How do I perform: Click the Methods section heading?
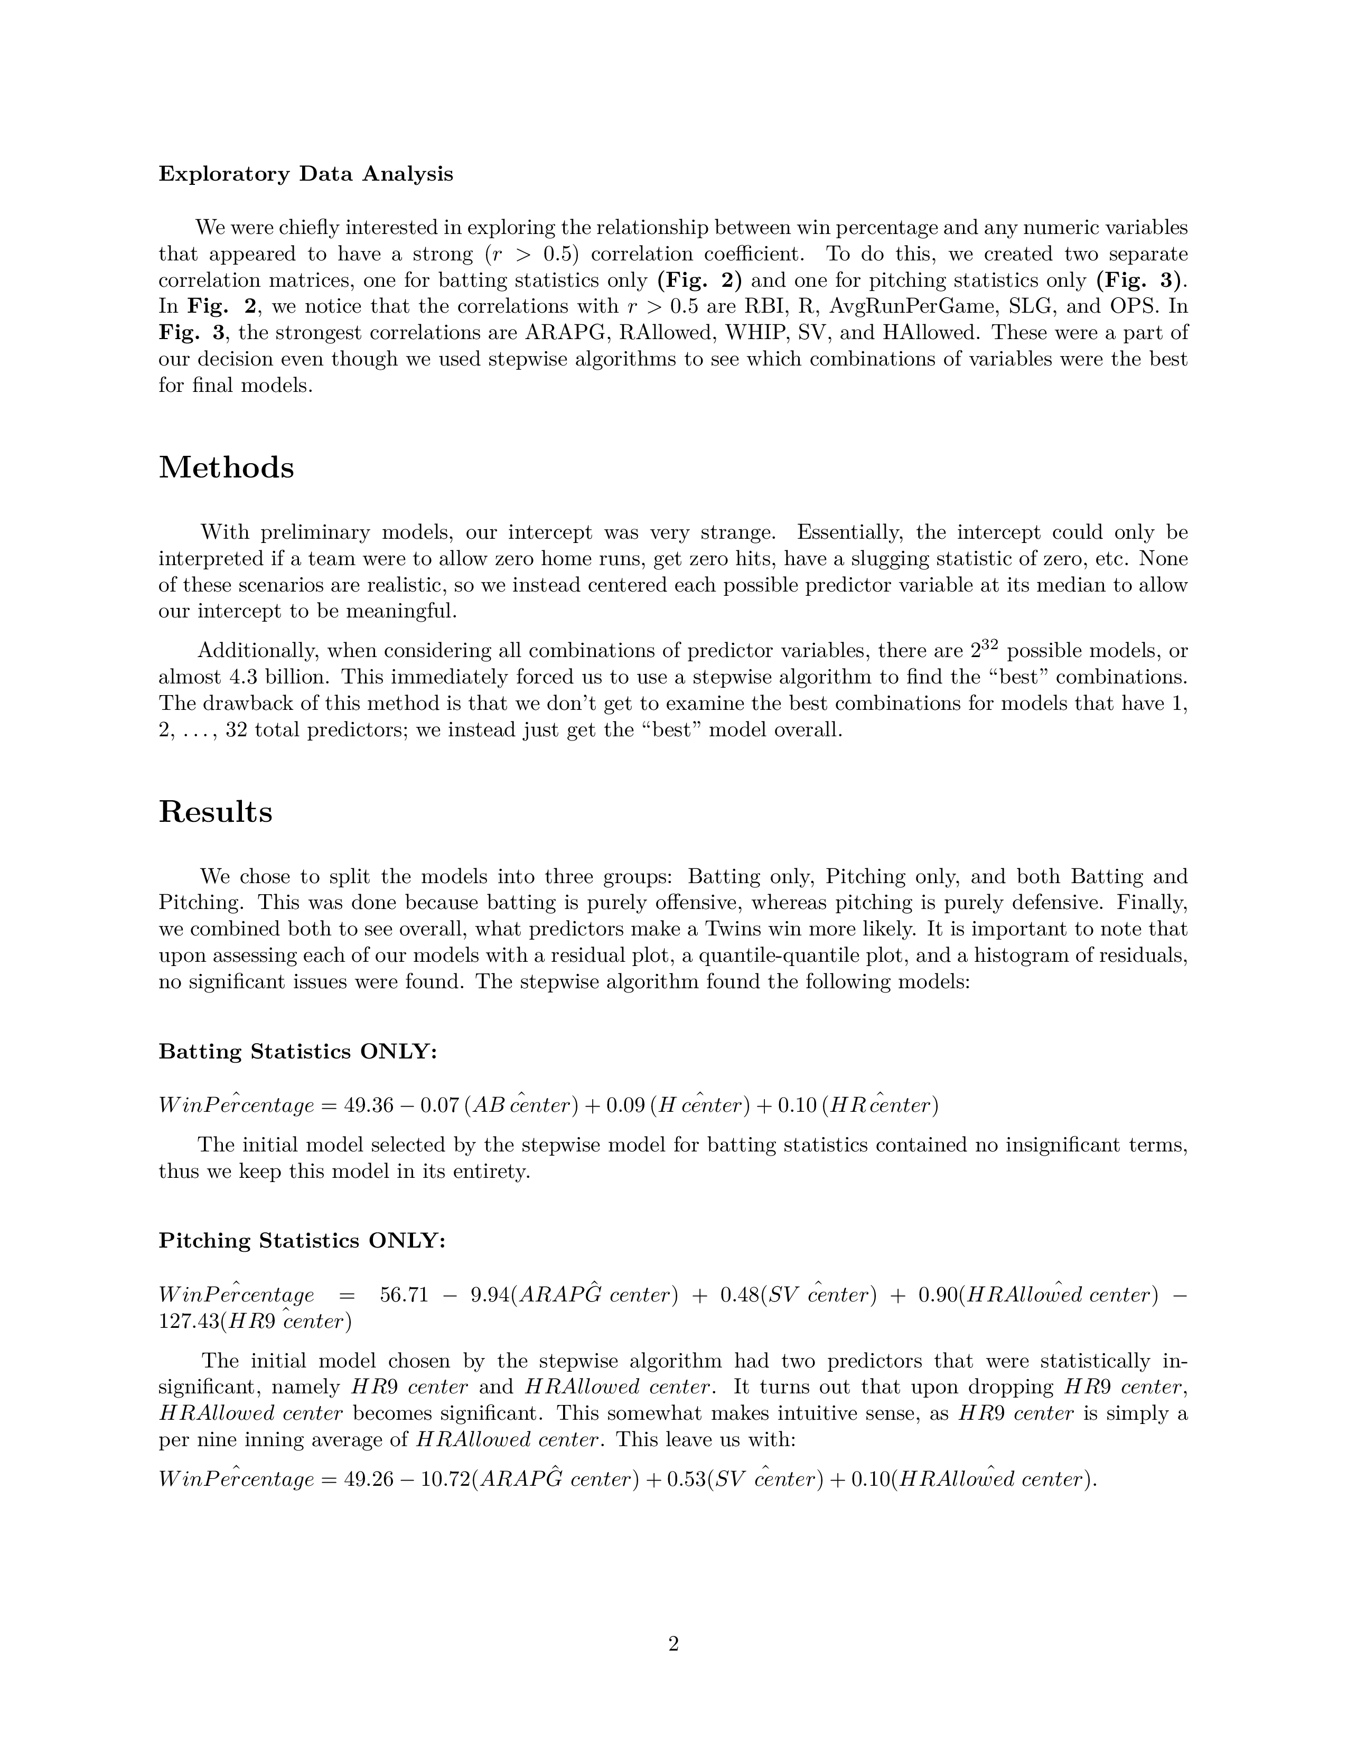click(227, 467)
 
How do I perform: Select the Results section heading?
click(216, 812)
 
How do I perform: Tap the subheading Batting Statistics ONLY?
click(297, 1051)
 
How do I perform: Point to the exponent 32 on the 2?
click(989, 644)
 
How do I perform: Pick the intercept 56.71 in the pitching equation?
click(405, 1295)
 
